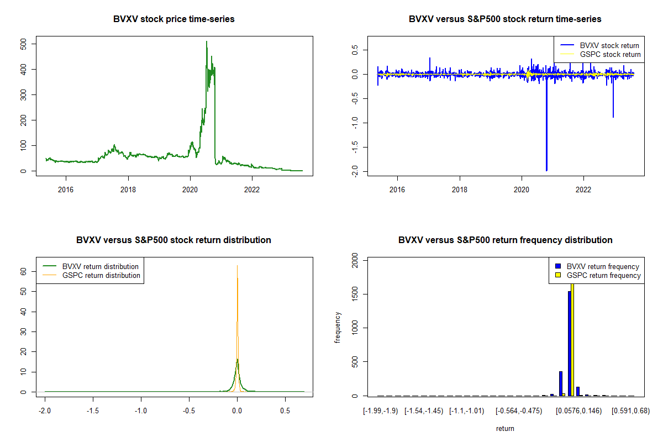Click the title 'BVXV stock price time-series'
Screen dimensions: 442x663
(x=174, y=19)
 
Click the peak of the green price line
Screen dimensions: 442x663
(x=207, y=41)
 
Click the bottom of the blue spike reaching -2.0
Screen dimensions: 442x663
(x=546, y=170)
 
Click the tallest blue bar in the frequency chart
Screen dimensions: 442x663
(x=570, y=343)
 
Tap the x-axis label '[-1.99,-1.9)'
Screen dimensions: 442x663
(x=380, y=411)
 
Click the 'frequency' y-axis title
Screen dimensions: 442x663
(x=338, y=328)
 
